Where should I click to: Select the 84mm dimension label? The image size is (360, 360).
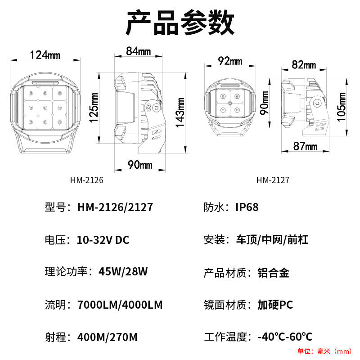(138, 51)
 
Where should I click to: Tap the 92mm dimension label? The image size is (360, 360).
(230, 61)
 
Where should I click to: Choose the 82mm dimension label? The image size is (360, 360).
(304, 64)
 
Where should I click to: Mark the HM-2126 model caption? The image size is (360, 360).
(87, 180)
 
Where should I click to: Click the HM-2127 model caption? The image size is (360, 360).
(273, 180)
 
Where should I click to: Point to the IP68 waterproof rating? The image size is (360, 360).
(247, 207)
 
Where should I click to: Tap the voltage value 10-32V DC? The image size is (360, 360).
(103, 240)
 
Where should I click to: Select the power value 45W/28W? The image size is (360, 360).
(123, 272)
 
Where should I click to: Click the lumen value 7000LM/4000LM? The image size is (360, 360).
(120, 305)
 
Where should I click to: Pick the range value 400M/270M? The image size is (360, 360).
(107, 337)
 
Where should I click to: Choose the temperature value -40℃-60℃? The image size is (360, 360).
(285, 337)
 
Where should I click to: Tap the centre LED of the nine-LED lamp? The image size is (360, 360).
(44, 107)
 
